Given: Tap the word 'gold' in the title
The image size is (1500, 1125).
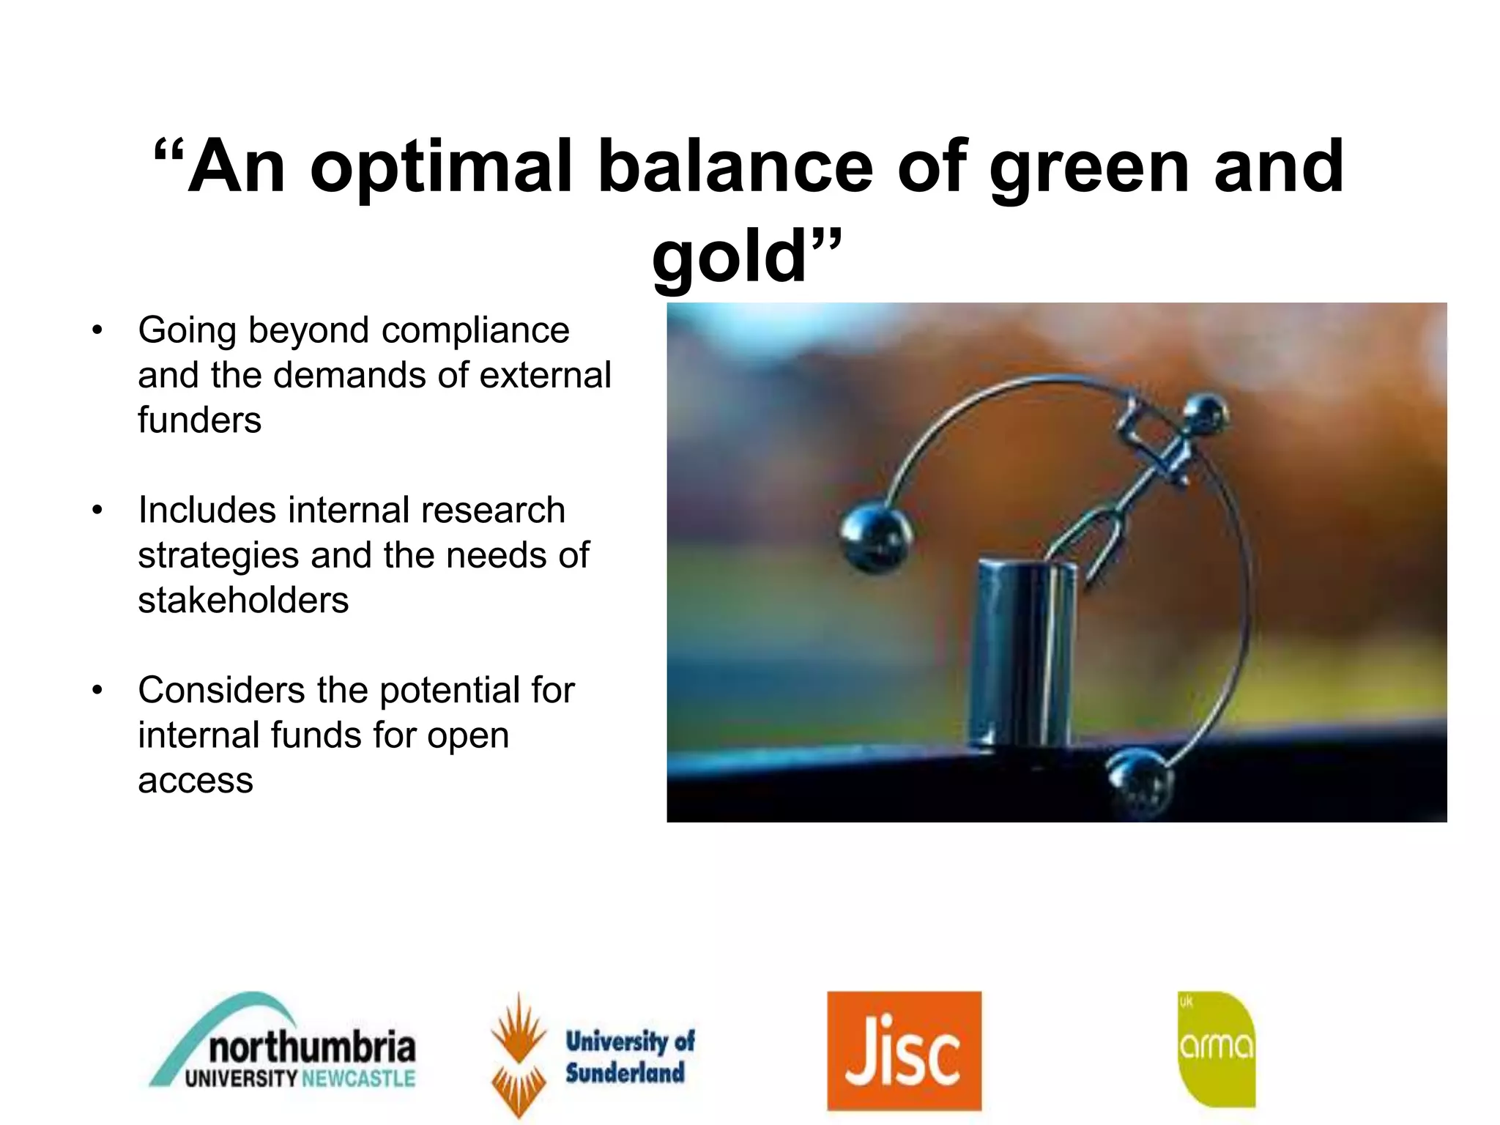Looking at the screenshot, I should point(729,256).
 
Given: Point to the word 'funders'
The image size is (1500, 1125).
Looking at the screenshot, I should point(199,420).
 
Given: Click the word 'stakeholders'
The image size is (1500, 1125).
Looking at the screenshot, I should point(243,600).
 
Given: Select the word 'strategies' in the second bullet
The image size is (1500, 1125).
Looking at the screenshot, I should point(218,555).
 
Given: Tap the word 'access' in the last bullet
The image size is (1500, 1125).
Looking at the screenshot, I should point(196,780).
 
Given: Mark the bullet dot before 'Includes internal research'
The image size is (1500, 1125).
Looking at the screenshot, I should point(97,510).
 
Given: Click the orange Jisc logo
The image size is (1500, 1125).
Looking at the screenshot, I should point(904,1050).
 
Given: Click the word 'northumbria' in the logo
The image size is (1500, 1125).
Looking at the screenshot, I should point(312,1047).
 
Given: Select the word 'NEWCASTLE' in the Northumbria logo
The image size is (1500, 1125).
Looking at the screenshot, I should point(359,1079).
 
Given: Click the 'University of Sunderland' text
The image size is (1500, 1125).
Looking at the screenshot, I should point(628,1056).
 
